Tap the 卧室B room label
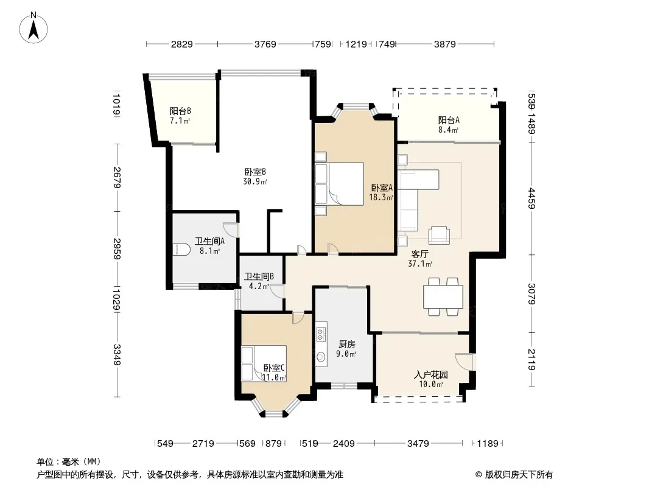click(255, 172)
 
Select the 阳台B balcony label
click(180, 111)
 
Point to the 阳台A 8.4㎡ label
click(449, 125)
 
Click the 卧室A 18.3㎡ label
click(382, 192)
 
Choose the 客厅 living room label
click(419, 254)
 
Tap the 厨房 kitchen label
click(346, 345)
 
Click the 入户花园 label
click(431, 375)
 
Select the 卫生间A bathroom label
click(210, 241)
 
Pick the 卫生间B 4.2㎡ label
click(259, 281)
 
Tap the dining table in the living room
click(443, 296)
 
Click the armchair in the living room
click(439, 235)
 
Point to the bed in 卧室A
click(339, 184)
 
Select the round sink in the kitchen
click(321, 357)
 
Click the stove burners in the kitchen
click(321, 334)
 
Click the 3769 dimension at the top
click(265, 44)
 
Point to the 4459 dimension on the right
click(532, 198)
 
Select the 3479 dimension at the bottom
click(418, 444)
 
